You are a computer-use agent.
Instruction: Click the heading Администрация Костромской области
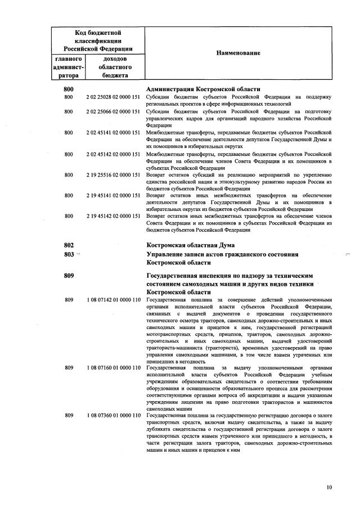coord(203,89)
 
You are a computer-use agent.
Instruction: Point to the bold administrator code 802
coord(69,245)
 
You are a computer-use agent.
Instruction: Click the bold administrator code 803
coord(69,254)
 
